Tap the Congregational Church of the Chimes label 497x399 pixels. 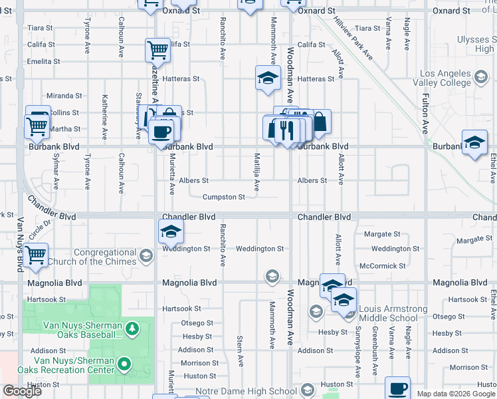[106, 257]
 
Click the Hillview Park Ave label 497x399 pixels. [353, 39]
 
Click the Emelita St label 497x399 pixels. [44, 61]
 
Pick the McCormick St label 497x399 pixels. [382, 265]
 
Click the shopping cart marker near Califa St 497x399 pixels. [158, 49]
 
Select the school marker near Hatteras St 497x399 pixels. [268, 77]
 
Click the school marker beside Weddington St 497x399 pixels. [171, 231]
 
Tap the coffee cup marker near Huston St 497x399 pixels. [398, 388]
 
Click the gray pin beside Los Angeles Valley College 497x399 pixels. [479, 78]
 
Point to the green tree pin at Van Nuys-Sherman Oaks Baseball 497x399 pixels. [132, 329]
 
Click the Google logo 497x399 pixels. [23, 391]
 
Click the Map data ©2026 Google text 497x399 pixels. [455, 394]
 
